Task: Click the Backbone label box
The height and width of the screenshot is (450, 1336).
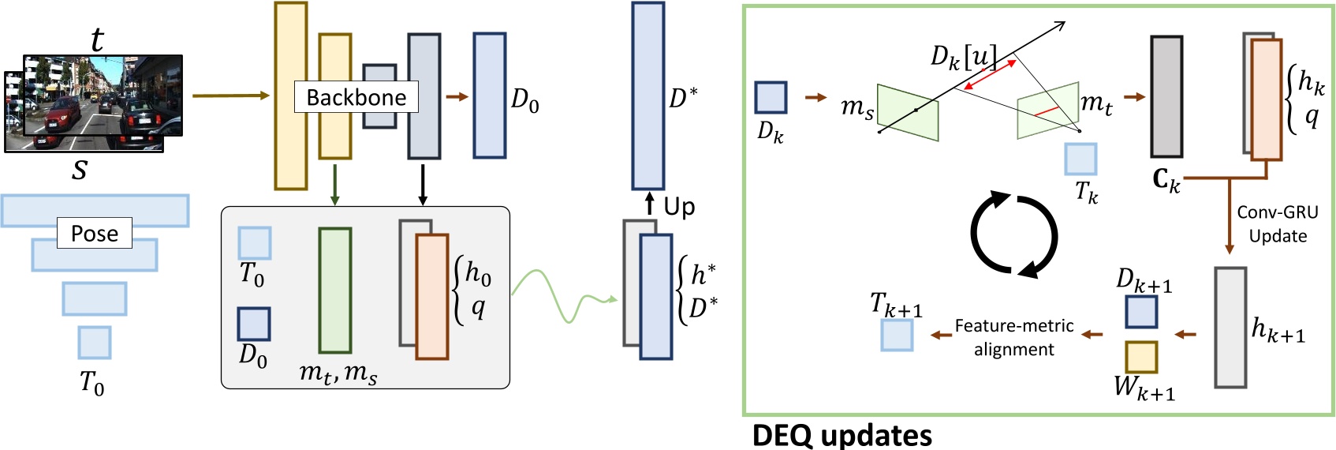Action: [356, 97]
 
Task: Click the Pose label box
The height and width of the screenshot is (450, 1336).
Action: [94, 234]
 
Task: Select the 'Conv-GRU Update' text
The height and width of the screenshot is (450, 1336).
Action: [1277, 224]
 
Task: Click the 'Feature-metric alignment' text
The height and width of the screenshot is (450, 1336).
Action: [1013, 337]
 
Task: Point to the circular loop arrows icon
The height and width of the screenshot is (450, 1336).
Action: [1013, 234]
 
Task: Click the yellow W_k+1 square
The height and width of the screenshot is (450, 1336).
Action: [1140, 357]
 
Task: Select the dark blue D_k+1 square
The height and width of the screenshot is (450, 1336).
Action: [1140, 312]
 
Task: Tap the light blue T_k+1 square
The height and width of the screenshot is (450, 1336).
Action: [897, 336]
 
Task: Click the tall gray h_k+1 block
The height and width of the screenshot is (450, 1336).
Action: [1230, 328]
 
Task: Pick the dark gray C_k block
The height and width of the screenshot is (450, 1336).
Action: [1166, 96]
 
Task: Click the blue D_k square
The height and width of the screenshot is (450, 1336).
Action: [771, 98]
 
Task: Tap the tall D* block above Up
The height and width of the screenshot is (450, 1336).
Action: [647, 96]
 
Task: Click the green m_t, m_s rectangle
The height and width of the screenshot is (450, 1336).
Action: [334, 291]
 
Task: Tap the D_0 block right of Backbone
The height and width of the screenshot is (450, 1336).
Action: [489, 96]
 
